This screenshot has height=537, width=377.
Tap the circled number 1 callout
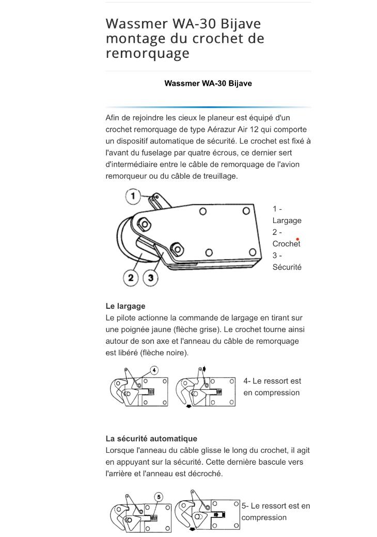(x=133, y=196)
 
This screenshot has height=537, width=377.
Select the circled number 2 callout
(x=131, y=278)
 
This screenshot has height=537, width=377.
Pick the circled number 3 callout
(x=150, y=278)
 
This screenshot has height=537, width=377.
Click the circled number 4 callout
(x=154, y=370)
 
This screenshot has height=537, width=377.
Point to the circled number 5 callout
(x=159, y=497)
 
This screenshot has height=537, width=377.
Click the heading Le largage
(x=125, y=306)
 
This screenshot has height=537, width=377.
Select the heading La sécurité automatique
(x=151, y=439)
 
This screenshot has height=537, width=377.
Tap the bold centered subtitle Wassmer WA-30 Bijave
(x=208, y=83)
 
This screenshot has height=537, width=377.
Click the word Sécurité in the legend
(x=287, y=267)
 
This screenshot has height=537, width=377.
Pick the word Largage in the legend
(x=287, y=220)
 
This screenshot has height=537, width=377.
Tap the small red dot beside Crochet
(x=297, y=239)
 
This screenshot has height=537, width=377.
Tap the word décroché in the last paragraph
(x=206, y=473)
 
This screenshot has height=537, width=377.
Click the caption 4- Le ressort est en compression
(x=272, y=387)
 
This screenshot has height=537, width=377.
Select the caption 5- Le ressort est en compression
(x=276, y=512)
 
